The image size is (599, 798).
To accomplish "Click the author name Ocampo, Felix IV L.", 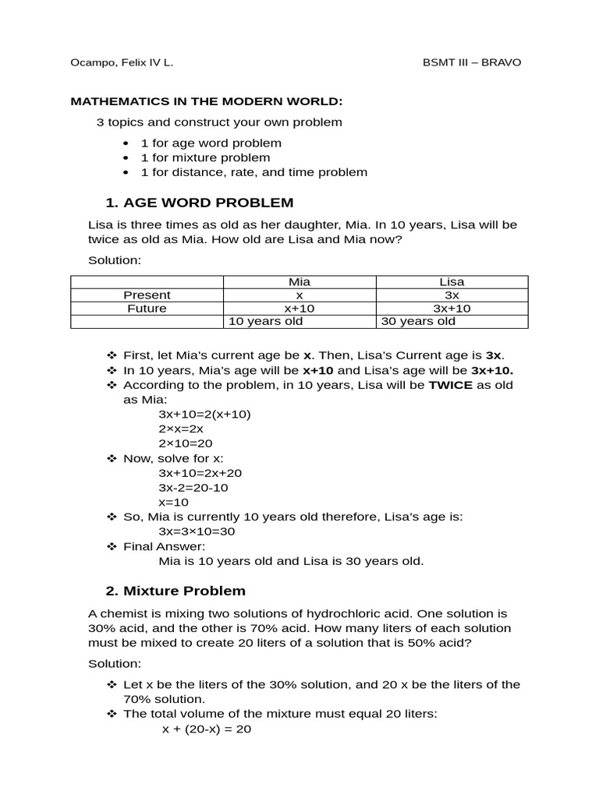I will pos(122,62).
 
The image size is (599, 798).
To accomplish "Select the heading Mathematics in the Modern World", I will pos(207,101).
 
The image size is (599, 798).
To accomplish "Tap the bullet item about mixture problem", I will pos(205,157).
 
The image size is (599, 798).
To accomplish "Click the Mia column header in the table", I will pos(299,282).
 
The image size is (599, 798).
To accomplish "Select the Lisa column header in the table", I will pos(452,282).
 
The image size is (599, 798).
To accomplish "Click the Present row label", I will pos(147,295).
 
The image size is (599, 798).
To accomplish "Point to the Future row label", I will pos(147,309).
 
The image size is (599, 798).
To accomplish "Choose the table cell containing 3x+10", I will pos(452,309).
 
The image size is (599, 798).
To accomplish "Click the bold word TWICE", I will pos(451,385).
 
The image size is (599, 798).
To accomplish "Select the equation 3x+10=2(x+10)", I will pos(204,414).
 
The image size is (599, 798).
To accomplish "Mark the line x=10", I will pos(173,502).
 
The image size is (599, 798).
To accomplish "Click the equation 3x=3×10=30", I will pos(197,531).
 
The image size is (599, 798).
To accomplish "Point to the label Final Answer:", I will pos(164,546).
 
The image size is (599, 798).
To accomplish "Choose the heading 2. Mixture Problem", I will pos(175,591).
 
